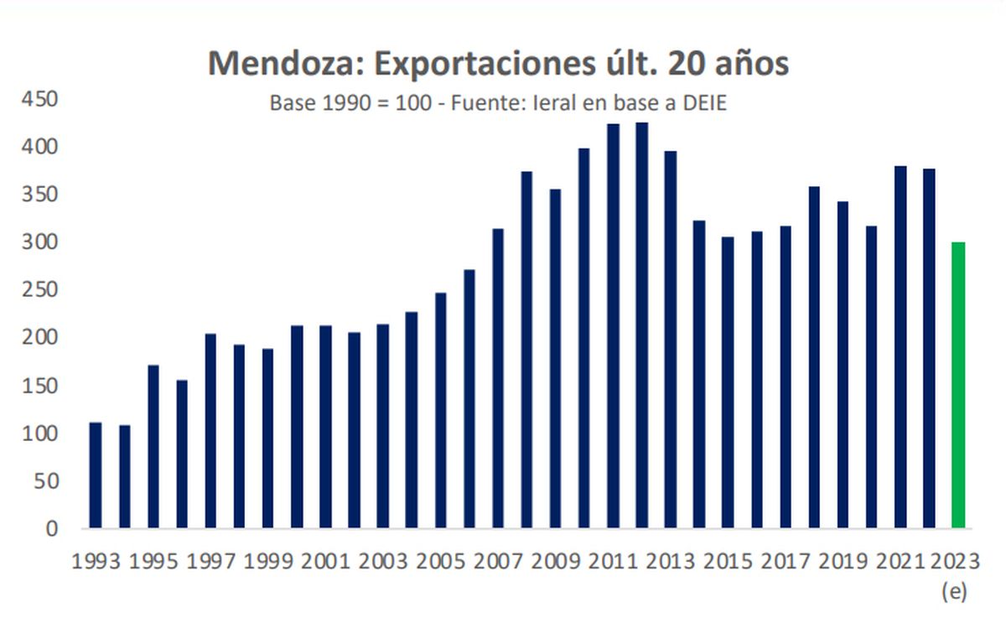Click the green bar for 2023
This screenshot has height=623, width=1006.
958,385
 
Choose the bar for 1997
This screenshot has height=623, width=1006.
210,431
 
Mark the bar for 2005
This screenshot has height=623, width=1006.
440,410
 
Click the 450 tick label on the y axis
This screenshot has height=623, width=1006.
39,100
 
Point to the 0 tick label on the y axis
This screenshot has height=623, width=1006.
51,528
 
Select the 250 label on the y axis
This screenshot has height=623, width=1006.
39,290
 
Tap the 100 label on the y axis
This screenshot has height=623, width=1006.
39,434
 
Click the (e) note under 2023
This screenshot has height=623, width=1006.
954,592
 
